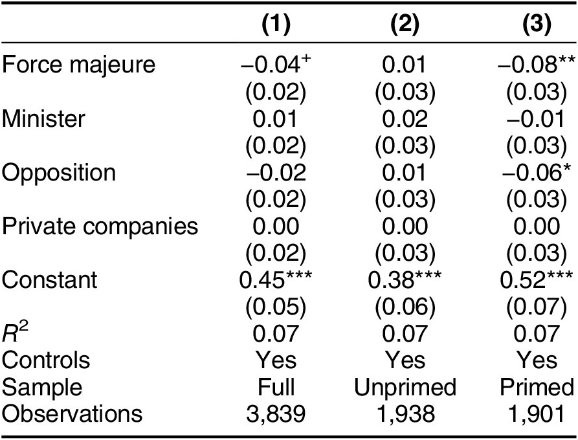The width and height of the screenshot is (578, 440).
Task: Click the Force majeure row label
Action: pos(79,65)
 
